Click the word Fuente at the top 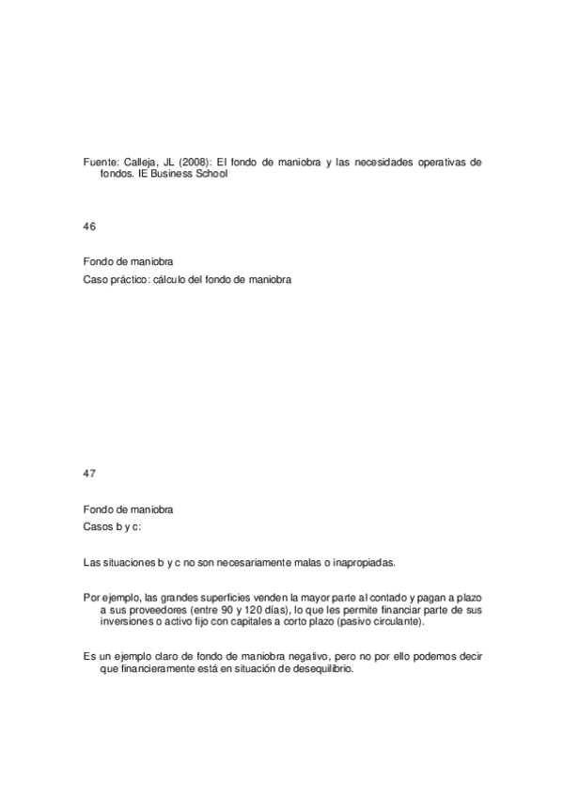100,162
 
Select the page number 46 90,227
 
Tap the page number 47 90,473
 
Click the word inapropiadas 362,562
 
